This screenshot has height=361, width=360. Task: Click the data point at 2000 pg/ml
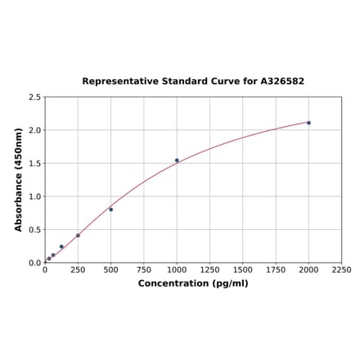[x=308, y=123]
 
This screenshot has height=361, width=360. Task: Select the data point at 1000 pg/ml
[x=177, y=160]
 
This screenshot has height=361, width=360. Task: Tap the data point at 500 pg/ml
[x=111, y=210]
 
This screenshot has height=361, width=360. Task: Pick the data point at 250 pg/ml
[x=78, y=236]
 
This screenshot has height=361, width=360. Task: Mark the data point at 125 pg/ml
[x=61, y=246]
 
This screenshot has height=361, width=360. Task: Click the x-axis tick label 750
[x=144, y=270]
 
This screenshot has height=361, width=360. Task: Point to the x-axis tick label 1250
[x=209, y=270]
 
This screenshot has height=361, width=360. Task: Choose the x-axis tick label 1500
[x=243, y=270]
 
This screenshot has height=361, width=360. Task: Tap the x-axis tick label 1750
[x=276, y=270]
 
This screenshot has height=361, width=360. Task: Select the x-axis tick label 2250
[x=342, y=270]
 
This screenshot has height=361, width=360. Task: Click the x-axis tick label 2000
[x=308, y=270]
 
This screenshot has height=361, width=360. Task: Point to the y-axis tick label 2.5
[x=35, y=97]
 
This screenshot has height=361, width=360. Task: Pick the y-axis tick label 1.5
[x=35, y=164]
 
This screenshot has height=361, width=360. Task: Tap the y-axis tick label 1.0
[x=35, y=196]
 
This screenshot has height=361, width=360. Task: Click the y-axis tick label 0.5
[x=35, y=230]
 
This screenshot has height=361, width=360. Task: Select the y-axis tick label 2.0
[x=35, y=130]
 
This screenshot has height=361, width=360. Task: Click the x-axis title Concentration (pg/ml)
[x=193, y=284]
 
